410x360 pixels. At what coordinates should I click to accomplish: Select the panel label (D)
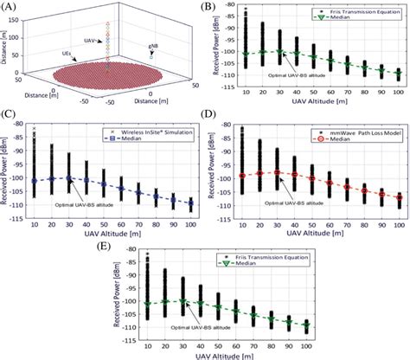click(213, 124)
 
